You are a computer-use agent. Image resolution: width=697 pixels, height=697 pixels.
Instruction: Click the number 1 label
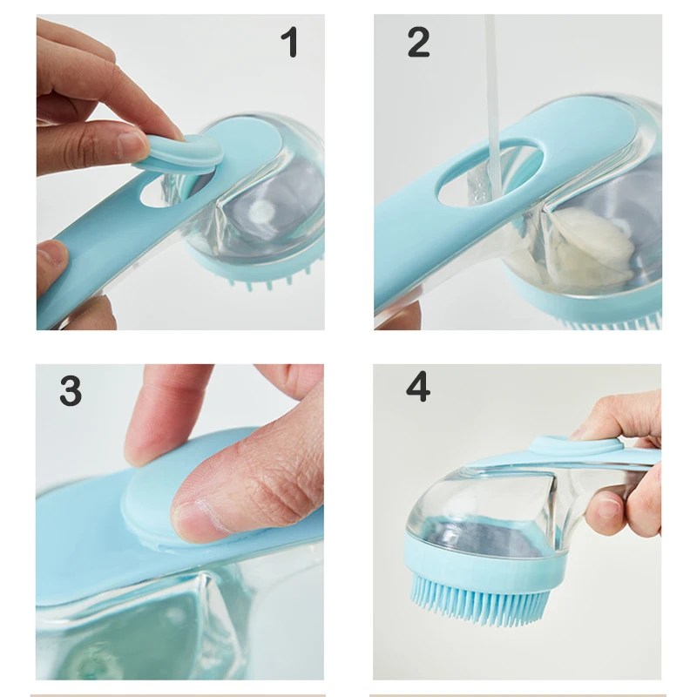(x=290, y=43)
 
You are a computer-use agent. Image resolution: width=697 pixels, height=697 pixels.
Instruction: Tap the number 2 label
(x=418, y=43)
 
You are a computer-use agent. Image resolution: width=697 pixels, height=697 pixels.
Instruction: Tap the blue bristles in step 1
(x=261, y=279)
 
